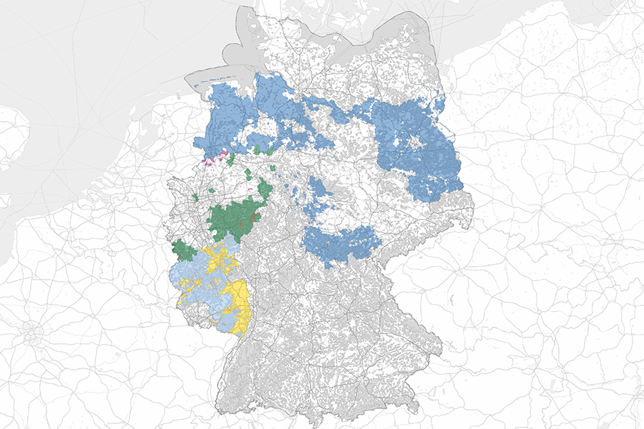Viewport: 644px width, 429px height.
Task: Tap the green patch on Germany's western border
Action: point(185,251)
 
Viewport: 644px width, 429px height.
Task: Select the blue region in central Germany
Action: point(340,244)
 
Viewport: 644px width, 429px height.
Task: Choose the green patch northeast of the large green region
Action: point(265,189)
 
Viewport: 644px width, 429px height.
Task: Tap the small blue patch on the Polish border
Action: point(441,106)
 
